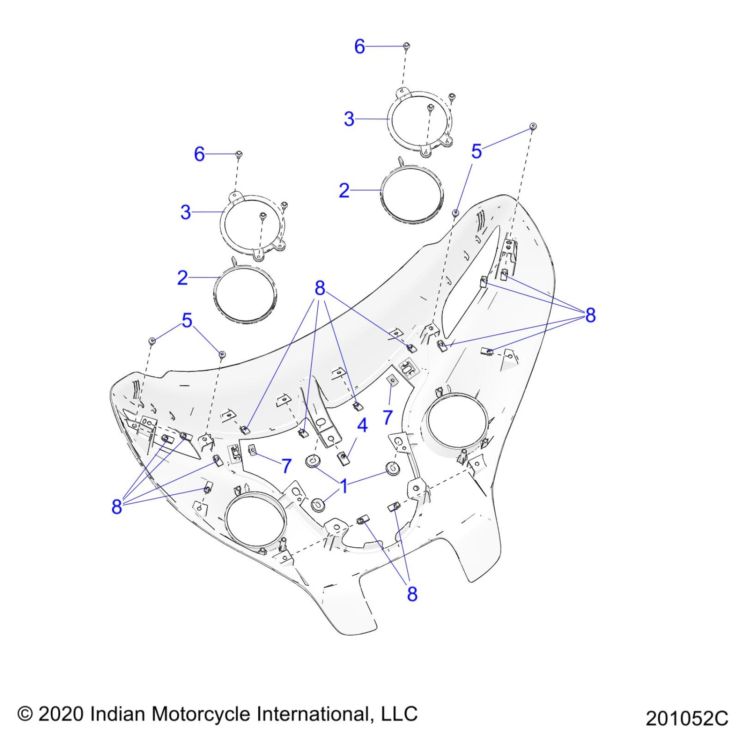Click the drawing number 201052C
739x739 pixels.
click(x=686, y=718)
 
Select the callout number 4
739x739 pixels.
click(x=362, y=425)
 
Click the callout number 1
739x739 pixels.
click(x=344, y=486)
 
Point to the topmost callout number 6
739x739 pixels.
click(x=360, y=47)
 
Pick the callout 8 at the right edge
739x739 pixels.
click(x=590, y=315)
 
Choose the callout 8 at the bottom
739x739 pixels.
click(x=412, y=593)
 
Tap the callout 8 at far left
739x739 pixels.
click(x=117, y=506)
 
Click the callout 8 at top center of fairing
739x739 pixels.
click(x=320, y=288)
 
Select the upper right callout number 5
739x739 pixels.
click(x=476, y=151)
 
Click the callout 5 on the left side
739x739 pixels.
click(x=187, y=320)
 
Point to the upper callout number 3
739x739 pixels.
click(x=349, y=119)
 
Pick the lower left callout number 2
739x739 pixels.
click(x=183, y=278)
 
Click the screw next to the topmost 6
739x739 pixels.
click(x=406, y=45)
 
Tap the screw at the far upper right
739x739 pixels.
click(x=533, y=126)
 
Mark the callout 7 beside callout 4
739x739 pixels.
click(x=388, y=417)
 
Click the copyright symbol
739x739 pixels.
click(x=25, y=714)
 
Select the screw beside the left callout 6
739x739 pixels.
click(x=239, y=154)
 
